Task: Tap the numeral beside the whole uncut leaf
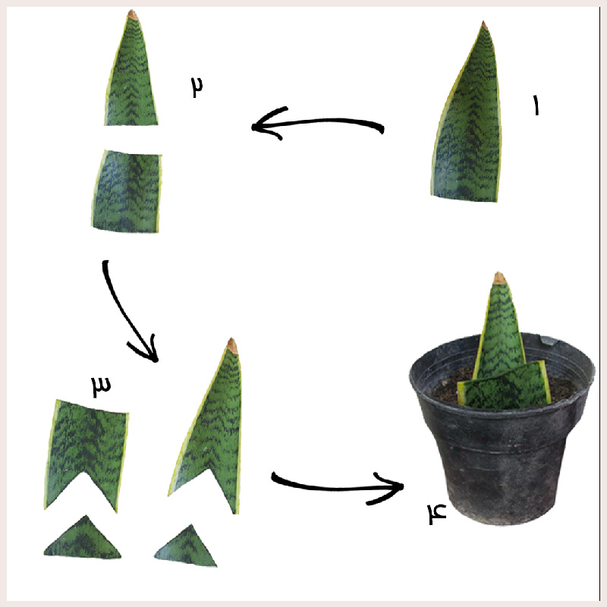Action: [x=536, y=105]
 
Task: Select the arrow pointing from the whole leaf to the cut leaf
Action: [x=317, y=122]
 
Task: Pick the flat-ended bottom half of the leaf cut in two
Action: [x=126, y=191]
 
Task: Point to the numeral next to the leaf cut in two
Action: [x=197, y=87]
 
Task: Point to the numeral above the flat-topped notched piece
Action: [x=101, y=386]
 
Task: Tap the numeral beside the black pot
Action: [x=437, y=514]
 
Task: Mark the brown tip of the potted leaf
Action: [x=499, y=278]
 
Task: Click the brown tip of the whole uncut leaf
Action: [x=484, y=26]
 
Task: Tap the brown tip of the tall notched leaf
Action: [x=232, y=344]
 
